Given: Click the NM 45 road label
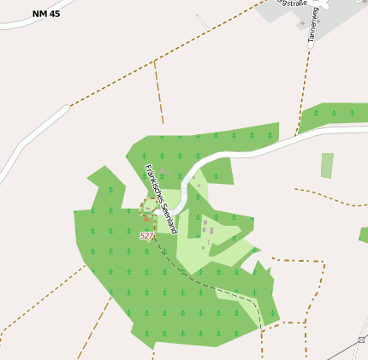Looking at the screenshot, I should click(46, 14).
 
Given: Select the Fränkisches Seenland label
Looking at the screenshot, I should click(155, 187).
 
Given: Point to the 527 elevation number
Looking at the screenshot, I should click(146, 235).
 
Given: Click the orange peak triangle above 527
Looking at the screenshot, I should click(146, 220).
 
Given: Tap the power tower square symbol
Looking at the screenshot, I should click(361, 340).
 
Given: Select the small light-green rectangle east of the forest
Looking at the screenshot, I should click(327, 166).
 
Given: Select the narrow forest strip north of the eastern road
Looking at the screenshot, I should click(334, 114).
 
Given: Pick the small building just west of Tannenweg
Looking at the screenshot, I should click(301, 24).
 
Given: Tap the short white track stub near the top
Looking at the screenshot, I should click(202, 21).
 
